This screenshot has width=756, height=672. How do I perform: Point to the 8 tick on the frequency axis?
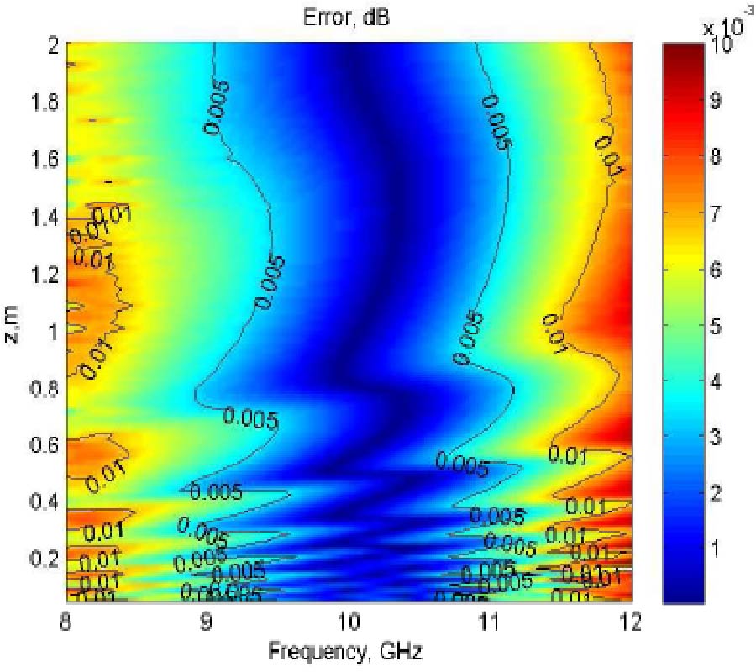pos(67,623)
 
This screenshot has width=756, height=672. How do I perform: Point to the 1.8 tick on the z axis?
pos(44,102)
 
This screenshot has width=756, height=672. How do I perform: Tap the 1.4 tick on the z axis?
pos(44,218)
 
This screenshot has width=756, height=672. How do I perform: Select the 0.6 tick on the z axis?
pos(44,445)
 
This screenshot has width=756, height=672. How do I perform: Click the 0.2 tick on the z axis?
pos(44,559)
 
